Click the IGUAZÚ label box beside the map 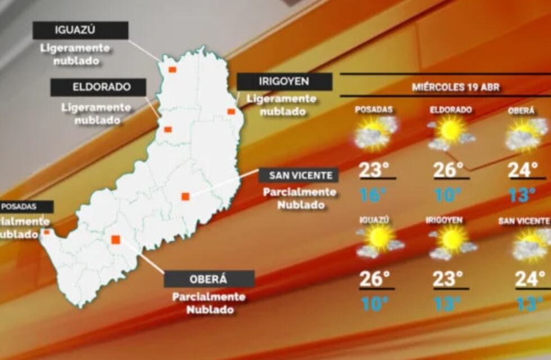point(80,30)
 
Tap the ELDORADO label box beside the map point(98,87)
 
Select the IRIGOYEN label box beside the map point(284,82)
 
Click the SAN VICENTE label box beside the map point(299,175)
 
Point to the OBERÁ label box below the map point(209,279)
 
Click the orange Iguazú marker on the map point(173,70)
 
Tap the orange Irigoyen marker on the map point(231,111)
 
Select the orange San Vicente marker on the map point(185,196)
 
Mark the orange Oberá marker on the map point(115,240)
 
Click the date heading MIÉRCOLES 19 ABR point(456,87)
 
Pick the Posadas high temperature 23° point(374,169)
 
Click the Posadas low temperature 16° point(373,195)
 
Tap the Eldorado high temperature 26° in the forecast point(449,169)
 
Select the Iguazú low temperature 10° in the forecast point(374,304)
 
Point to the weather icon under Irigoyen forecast point(452,242)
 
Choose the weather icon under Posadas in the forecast point(376,133)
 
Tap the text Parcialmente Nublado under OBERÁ point(209,303)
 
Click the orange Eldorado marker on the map point(168,129)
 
